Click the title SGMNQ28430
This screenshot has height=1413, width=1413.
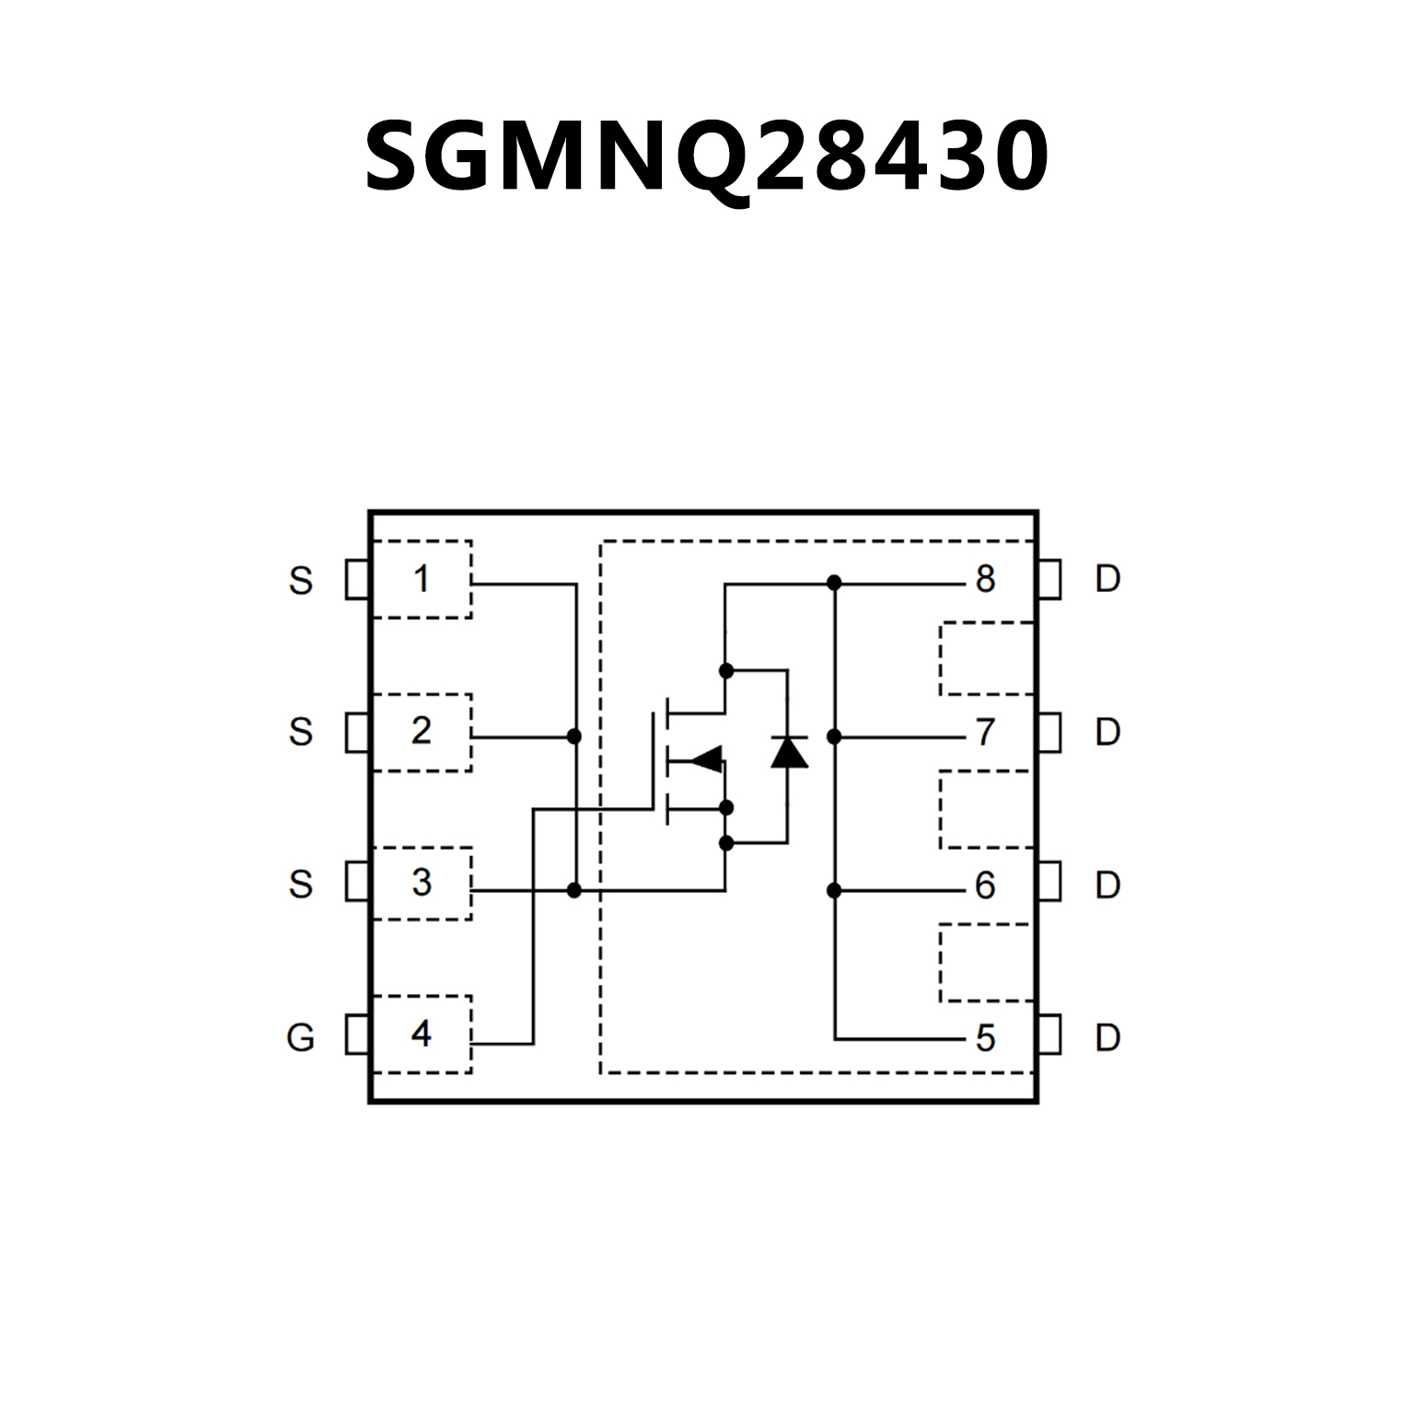[x=706, y=156]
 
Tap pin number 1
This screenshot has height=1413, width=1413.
[x=422, y=579]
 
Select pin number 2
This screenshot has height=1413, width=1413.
[x=422, y=731]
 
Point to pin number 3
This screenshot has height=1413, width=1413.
[x=422, y=883]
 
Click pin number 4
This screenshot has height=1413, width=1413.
[x=422, y=1034]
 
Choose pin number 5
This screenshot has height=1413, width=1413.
[x=985, y=1038]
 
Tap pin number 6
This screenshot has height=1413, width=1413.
[x=985, y=886]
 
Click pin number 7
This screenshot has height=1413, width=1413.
[x=985, y=733]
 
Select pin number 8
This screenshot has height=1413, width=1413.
[x=985, y=580]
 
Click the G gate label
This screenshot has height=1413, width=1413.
[x=300, y=1037]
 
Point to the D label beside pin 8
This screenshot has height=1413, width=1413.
[x=1107, y=579]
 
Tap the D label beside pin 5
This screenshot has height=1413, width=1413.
[x=1107, y=1037]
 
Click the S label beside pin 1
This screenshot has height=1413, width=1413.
[x=300, y=581]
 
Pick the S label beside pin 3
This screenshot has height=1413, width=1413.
[x=300, y=885]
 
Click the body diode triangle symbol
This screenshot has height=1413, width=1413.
[x=789, y=752]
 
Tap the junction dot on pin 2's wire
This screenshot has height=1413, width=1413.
[x=574, y=736]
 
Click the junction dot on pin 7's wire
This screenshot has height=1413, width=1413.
[x=834, y=736]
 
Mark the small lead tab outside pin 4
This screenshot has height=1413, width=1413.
[x=356, y=1034]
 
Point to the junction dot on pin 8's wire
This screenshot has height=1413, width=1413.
[x=834, y=583]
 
